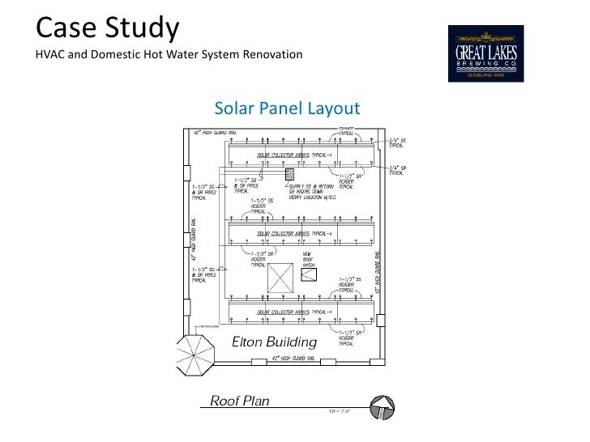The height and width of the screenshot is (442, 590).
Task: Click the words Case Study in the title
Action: coord(107,28)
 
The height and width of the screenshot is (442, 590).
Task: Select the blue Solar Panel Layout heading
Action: coord(286,108)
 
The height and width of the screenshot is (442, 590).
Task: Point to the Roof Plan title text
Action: coord(240,401)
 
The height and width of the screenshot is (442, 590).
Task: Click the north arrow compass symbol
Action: coord(378,407)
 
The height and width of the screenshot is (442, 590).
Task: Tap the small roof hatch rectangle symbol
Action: coord(309,278)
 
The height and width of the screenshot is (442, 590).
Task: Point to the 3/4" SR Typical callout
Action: coord(397,170)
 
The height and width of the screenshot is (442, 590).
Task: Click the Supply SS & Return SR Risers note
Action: coord(306,191)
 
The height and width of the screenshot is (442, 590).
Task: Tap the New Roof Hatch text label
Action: coord(308,259)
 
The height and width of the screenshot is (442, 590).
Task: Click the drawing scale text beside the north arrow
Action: coord(339,412)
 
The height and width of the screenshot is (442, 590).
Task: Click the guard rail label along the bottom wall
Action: coord(287,357)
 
